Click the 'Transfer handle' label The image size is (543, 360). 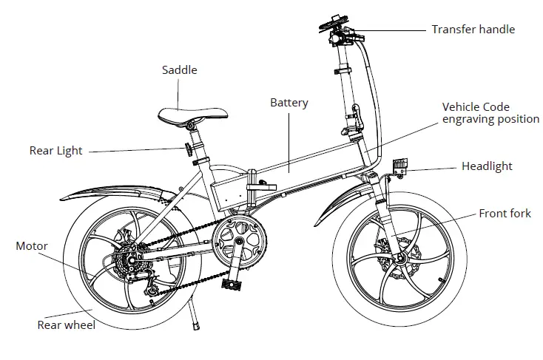(x=473, y=30)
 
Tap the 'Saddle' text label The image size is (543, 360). (x=180, y=70)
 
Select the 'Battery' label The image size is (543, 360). (x=289, y=103)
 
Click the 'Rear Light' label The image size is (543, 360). (x=56, y=151)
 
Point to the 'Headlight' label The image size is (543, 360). (x=487, y=166)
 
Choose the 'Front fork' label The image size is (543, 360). (x=505, y=214)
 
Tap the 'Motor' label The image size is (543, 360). (x=32, y=246)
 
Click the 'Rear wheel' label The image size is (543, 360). (x=66, y=325)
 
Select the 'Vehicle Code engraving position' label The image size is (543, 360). (x=490, y=113)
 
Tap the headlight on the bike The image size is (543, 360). (x=400, y=167)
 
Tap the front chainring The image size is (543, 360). (x=239, y=240)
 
